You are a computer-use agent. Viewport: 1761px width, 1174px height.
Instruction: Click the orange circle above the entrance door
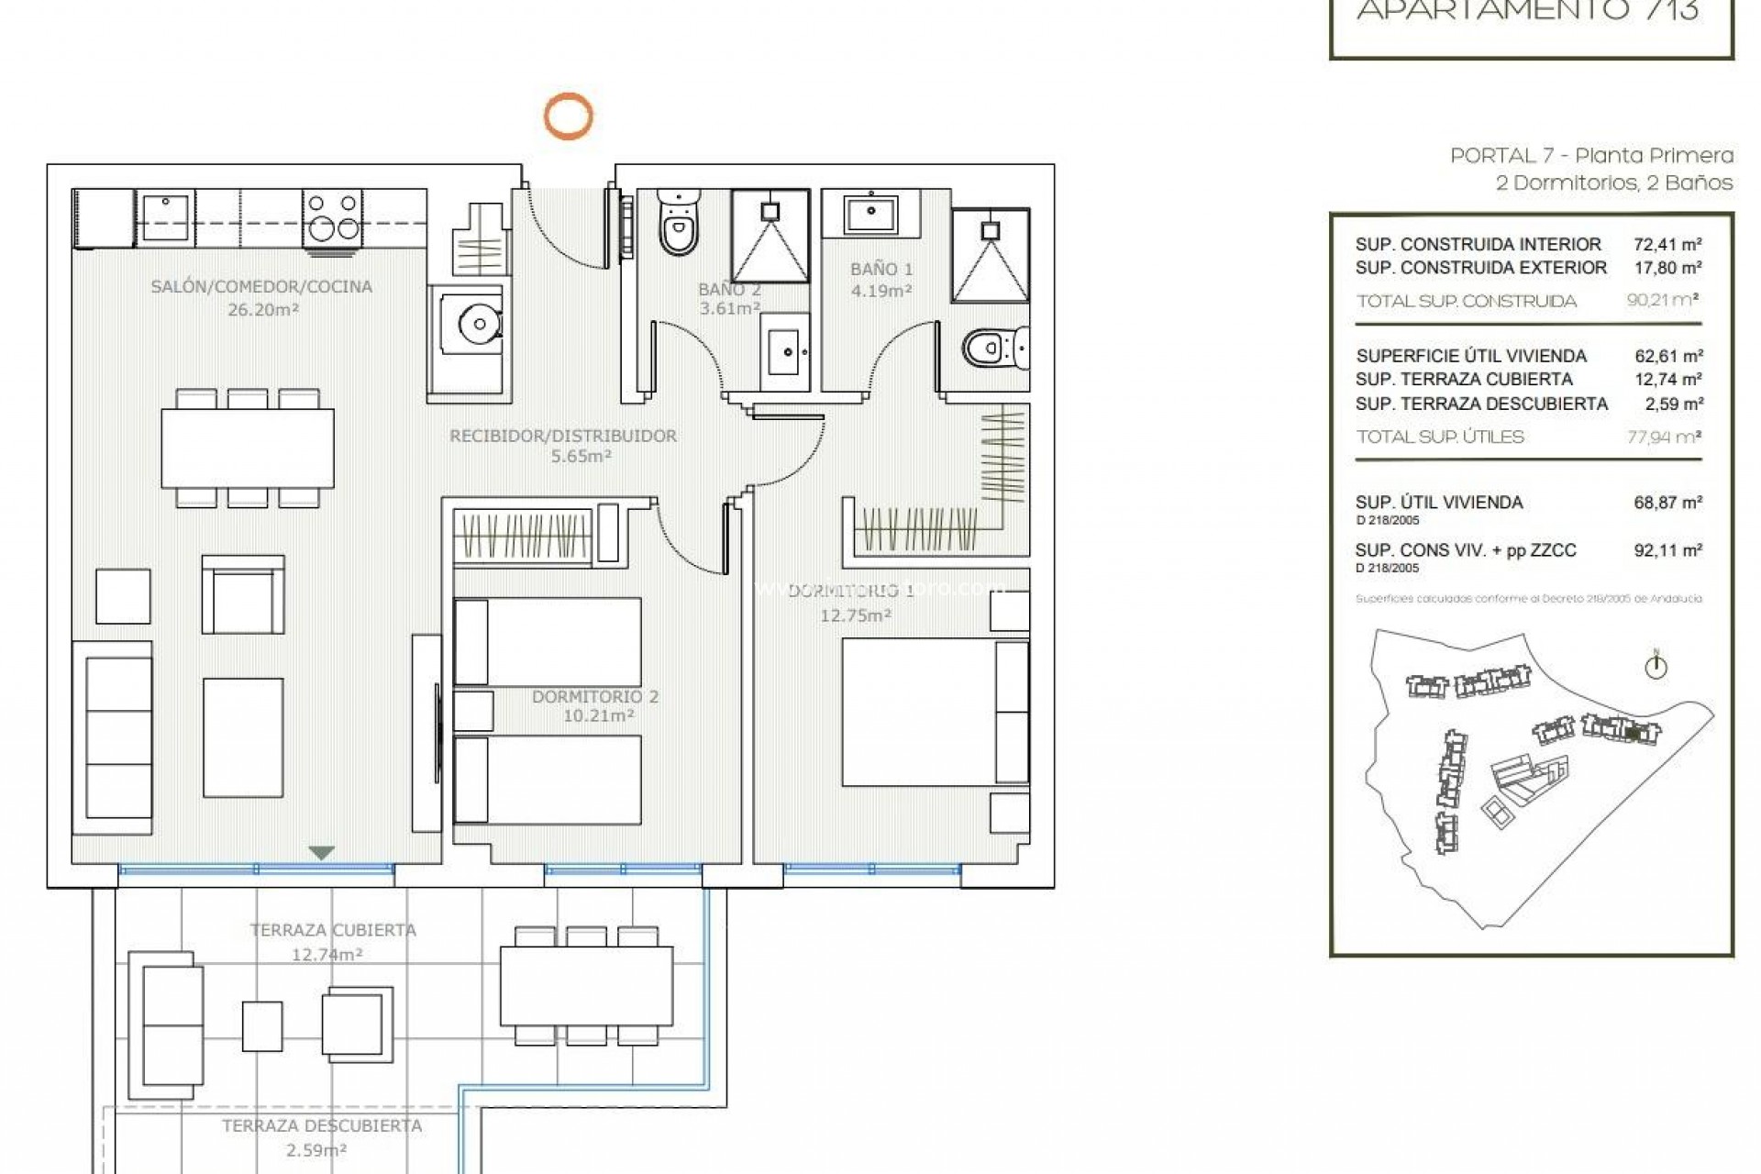[x=568, y=116]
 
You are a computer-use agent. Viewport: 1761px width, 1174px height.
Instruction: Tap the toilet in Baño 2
[x=679, y=226]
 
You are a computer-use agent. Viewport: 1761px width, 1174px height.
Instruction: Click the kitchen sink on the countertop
[x=165, y=217]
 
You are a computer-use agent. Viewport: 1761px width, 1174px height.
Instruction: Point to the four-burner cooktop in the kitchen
[x=332, y=216]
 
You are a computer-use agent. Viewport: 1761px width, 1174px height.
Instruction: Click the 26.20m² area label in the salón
[x=263, y=310]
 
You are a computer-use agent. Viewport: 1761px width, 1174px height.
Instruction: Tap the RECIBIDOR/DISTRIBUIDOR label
[x=563, y=436]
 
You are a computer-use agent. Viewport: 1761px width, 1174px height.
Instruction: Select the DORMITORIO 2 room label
[x=595, y=697]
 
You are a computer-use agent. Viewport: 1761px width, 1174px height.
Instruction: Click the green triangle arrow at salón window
[x=320, y=853]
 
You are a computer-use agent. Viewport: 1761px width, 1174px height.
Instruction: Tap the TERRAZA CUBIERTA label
[x=333, y=930]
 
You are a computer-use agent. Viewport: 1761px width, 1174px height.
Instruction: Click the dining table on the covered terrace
[x=586, y=986]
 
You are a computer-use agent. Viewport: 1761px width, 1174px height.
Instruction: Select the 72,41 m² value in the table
[x=1667, y=244]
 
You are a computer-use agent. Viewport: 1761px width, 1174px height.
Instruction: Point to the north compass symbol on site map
[x=1656, y=667]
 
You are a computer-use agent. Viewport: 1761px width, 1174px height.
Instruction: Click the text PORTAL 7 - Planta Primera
[x=1591, y=156]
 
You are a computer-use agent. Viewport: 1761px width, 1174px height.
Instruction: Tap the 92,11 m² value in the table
[x=1667, y=550]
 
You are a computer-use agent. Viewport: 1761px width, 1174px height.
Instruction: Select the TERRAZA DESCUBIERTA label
[x=322, y=1125]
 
